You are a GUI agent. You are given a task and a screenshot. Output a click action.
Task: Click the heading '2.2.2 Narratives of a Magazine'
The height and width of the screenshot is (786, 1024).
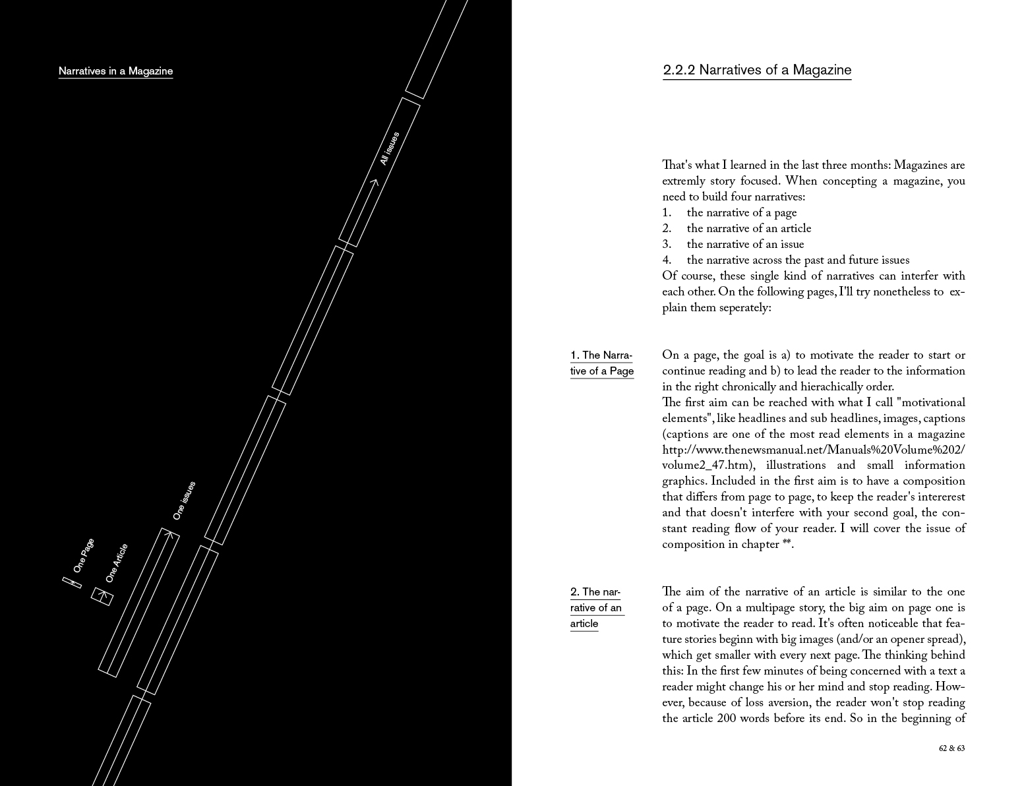point(756,70)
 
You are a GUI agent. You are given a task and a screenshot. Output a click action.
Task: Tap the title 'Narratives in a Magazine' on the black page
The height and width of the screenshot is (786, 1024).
point(115,71)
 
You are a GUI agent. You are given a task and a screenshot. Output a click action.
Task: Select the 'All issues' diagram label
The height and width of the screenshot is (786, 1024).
point(389,148)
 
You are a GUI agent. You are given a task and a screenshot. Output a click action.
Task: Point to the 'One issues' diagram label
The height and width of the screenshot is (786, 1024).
point(184,500)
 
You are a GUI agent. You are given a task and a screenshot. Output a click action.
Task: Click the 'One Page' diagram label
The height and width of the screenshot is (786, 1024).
point(84,555)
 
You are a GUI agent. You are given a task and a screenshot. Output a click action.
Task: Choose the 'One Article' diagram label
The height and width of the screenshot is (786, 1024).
point(116,563)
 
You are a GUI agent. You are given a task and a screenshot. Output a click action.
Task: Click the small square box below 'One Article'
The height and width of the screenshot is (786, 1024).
point(102,596)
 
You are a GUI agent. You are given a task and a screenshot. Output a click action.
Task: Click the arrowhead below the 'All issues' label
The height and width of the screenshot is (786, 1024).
point(374,183)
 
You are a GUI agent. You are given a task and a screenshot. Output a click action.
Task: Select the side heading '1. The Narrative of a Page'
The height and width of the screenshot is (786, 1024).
point(601,363)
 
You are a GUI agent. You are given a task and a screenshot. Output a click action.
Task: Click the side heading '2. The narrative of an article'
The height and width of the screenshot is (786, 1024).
point(596,608)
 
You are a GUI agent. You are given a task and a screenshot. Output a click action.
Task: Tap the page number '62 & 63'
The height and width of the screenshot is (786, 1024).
point(951,748)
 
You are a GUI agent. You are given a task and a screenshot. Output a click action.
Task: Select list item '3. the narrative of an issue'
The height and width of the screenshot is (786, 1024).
point(733,245)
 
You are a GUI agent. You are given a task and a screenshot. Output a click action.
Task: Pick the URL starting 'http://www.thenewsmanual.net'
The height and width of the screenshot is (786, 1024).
point(813,450)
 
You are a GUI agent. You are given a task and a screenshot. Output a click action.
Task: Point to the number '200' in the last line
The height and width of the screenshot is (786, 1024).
point(727,719)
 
